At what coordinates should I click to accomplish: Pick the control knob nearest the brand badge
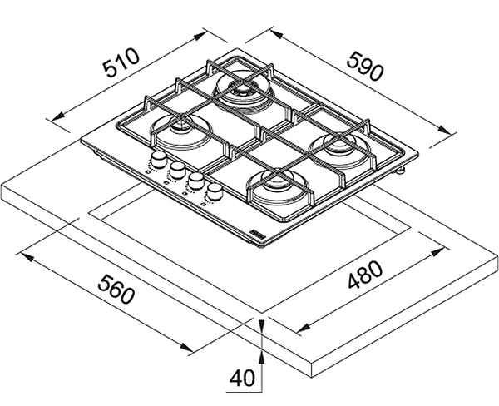[215, 193]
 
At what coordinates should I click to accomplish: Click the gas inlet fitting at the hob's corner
[402, 171]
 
